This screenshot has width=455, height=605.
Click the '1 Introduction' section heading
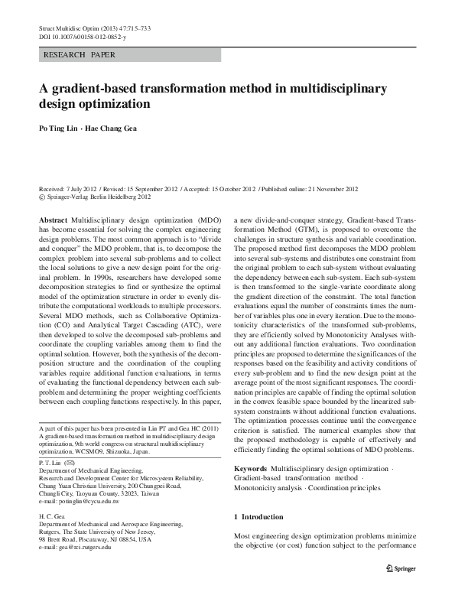coord(262,518)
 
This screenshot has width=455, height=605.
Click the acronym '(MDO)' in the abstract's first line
coord(210,219)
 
